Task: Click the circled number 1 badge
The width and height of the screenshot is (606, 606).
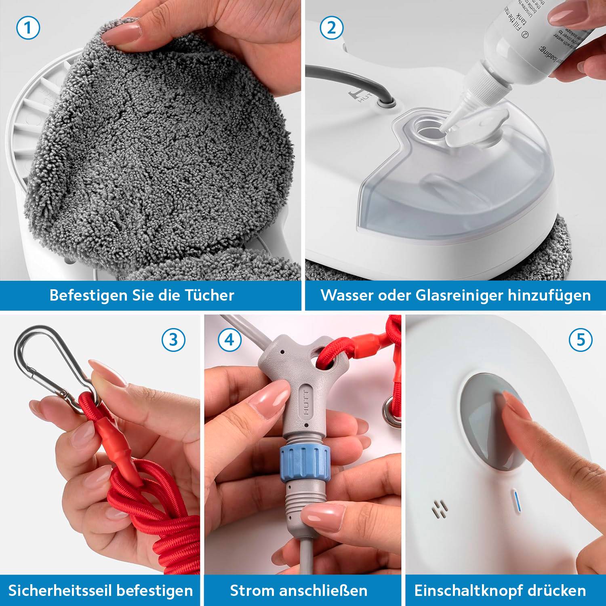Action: (28, 28)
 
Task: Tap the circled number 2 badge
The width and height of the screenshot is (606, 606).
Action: (331, 28)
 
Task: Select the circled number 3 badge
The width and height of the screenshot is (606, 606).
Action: (173, 340)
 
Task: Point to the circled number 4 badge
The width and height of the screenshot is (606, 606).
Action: (229, 340)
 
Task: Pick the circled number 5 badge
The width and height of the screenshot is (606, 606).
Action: (581, 340)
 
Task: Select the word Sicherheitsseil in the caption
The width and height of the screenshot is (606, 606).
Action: (54, 591)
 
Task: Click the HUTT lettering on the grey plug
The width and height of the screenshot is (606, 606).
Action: (306, 404)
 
